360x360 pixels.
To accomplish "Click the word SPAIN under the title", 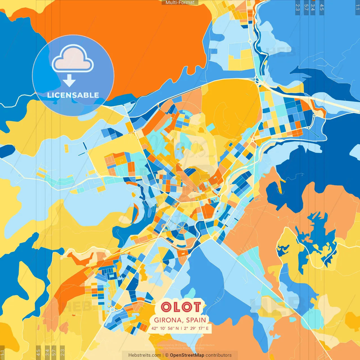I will pyautogui.click(x=196, y=320).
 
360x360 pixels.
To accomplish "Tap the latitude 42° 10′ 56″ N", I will pyautogui.click(x=165, y=328).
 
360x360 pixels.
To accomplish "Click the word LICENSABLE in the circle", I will pyautogui.click(x=73, y=95).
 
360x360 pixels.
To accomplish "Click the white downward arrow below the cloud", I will pyautogui.click(x=69, y=81).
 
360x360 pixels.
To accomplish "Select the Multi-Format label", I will pyautogui.click(x=180, y=3).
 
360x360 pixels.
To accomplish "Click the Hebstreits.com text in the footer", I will pyautogui.click(x=145, y=355).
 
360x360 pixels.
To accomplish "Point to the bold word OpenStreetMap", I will pyautogui.click(x=187, y=355).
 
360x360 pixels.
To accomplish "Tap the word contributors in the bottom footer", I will pyautogui.click(x=219, y=355).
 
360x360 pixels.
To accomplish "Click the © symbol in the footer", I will pyautogui.click(x=167, y=355).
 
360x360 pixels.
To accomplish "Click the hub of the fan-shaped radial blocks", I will pyautogui.click(x=182, y=228).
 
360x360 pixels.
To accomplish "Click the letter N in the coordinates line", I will pyautogui.click(x=177, y=328).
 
